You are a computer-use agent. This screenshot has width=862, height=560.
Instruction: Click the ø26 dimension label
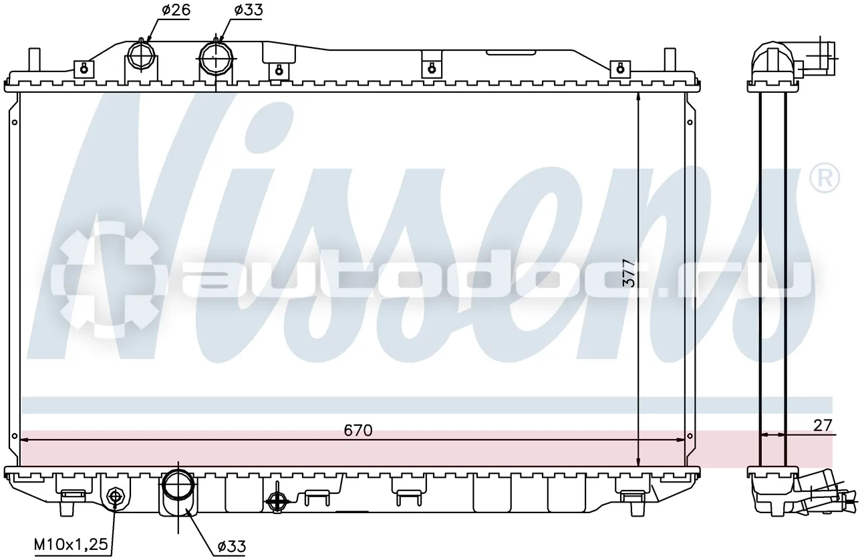(x=176, y=9)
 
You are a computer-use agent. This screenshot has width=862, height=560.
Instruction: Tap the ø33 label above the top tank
(x=249, y=9)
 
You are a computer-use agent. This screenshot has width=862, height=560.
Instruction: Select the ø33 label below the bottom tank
(x=231, y=546)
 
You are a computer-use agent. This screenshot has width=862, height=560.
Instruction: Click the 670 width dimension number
(x=358, y=430)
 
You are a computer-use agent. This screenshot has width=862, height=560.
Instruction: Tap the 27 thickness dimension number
(x=823, y=426)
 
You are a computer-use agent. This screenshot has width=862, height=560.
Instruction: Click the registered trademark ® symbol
(x=825, y=178)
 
